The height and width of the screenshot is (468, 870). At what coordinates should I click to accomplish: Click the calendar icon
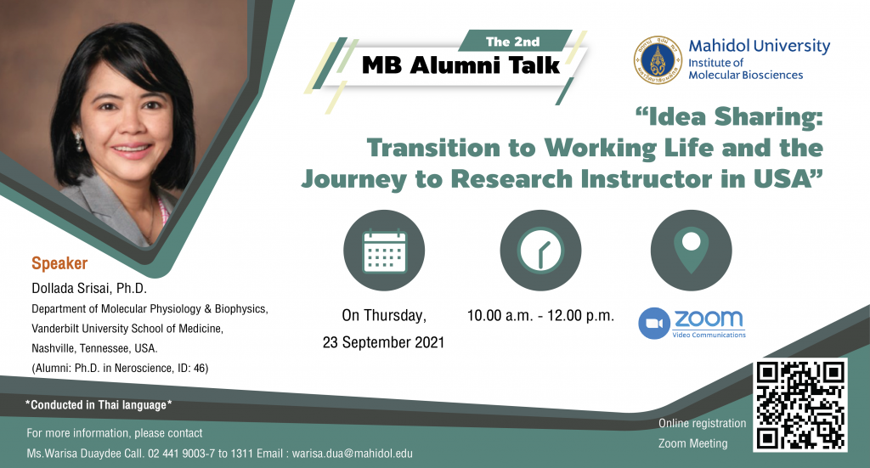coord(384,251)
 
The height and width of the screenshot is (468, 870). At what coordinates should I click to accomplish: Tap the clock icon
coord(540,251)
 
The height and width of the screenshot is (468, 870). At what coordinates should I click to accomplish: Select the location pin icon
coord(692,251)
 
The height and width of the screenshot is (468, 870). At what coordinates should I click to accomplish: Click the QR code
coord(800,405)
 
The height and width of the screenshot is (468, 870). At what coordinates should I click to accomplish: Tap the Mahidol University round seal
coord(658,60)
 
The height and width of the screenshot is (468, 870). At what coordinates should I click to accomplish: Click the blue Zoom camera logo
coord(654,324)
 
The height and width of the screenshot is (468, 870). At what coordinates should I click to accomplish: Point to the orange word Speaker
coord(59,263)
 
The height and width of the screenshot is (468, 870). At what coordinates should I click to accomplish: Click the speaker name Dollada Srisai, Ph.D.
coord(88,288)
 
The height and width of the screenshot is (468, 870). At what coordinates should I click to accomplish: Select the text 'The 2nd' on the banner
coord(512,42)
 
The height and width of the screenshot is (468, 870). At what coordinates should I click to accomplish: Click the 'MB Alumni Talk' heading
coord(460,65)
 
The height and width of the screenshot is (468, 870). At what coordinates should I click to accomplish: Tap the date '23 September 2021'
coord(383,342)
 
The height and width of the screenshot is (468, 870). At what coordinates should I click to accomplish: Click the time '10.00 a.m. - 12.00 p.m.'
coord(540,315)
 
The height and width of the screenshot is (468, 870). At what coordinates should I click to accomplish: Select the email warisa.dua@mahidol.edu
coord(353,454)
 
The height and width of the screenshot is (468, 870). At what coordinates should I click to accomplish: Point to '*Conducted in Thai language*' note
coord(99,405)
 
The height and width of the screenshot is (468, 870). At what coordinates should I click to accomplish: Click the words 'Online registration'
coord(702,423)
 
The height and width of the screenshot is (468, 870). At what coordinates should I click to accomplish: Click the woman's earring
coord(79,142)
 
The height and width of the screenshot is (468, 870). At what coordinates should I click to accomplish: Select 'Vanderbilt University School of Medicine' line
coord(127,329)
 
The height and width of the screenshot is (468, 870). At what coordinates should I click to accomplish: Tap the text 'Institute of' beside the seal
coord(715,63)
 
